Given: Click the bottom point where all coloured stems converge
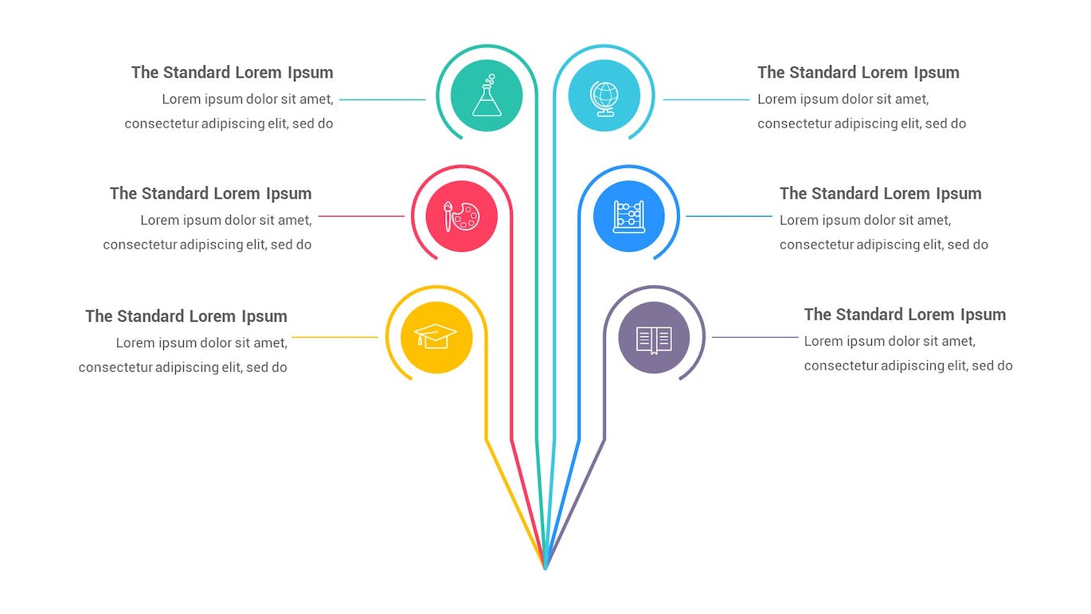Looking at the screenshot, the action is point(545,569).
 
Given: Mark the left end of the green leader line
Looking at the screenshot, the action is point(339,100).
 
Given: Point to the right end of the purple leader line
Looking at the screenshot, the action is point(798,337).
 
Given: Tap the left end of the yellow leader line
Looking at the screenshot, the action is point(291,337).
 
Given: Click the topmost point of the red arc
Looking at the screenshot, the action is point(462,166).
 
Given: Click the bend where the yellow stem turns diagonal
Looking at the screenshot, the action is point(486,440).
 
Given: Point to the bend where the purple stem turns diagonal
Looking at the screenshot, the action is point(604,440).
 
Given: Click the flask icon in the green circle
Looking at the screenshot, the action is point(487,95).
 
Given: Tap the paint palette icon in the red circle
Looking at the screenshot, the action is point(462,216).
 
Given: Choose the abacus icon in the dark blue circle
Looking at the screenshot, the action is point(629,217).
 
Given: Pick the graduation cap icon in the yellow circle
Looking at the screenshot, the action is point(436,336).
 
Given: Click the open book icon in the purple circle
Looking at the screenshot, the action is point(654,340).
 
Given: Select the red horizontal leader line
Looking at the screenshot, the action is point(362,216).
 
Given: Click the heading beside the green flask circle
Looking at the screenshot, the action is point(233,72).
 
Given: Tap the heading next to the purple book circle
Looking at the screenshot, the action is point(905,315).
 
